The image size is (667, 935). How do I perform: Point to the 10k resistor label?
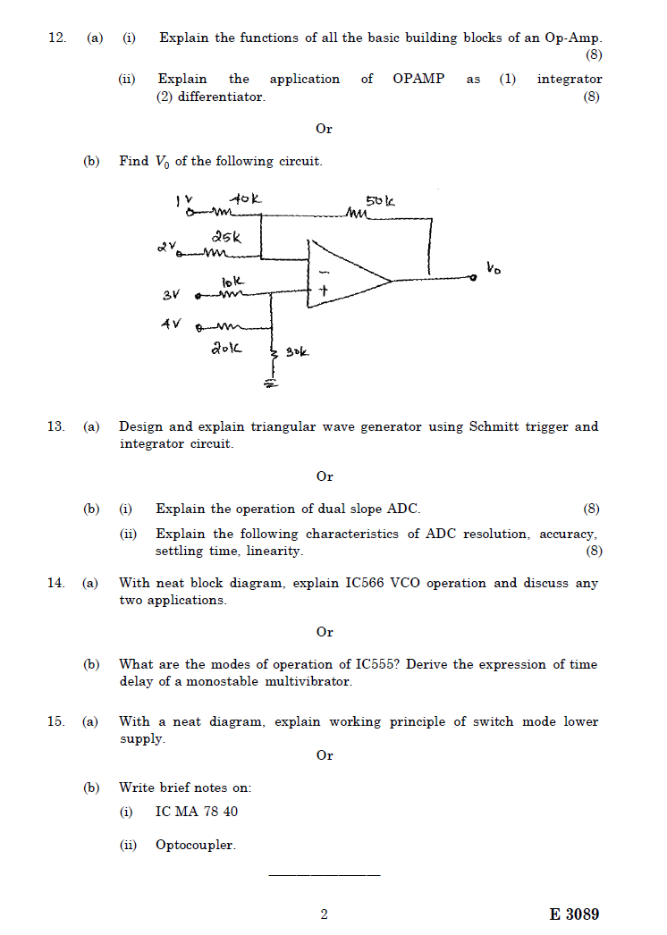(231, 282)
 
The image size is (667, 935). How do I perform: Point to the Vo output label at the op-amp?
(494, 266)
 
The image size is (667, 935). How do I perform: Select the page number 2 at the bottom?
(324, 914)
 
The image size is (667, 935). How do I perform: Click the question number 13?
(55, 427)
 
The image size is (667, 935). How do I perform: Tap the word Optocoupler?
(195, 845)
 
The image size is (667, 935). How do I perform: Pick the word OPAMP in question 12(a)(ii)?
(418, 80)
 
